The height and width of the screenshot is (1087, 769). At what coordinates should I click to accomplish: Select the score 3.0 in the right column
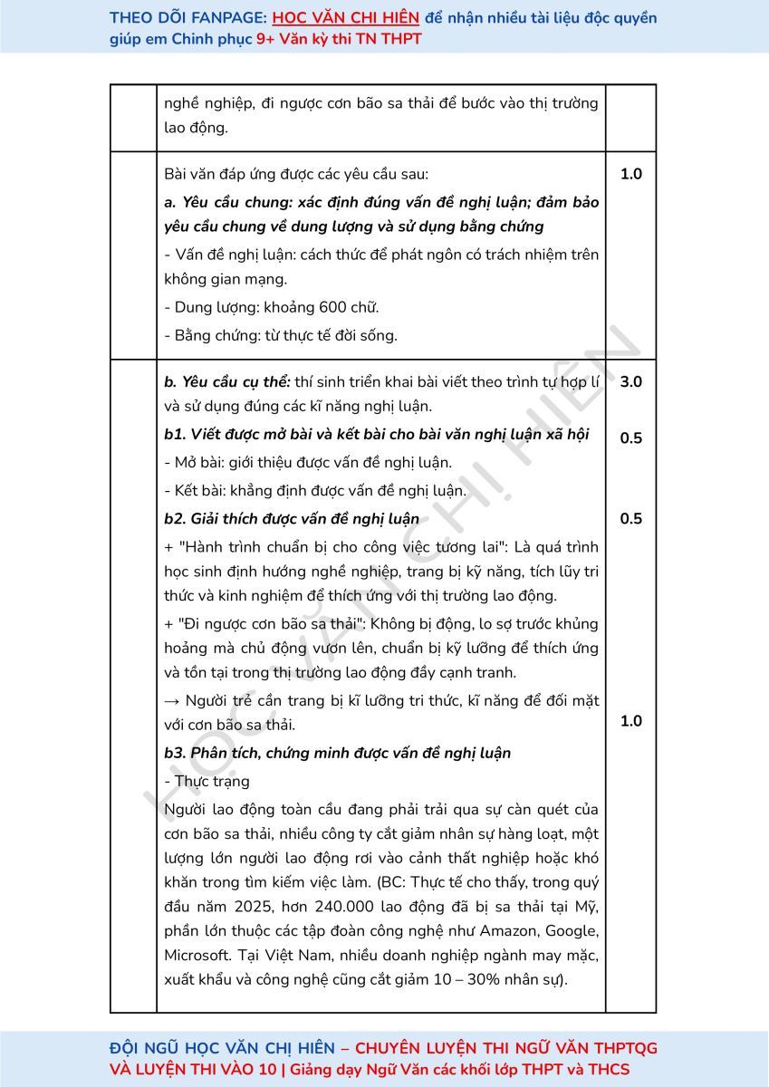[630, 382]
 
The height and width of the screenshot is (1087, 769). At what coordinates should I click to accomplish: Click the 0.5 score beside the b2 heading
[630, 519]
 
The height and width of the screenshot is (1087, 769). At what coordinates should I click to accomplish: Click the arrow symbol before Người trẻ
[173, 701]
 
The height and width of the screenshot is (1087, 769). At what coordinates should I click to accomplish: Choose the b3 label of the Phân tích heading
[176, 754]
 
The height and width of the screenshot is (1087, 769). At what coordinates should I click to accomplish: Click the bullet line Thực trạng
[208, 782]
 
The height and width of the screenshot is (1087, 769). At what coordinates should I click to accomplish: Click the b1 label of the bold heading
[176, 435]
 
